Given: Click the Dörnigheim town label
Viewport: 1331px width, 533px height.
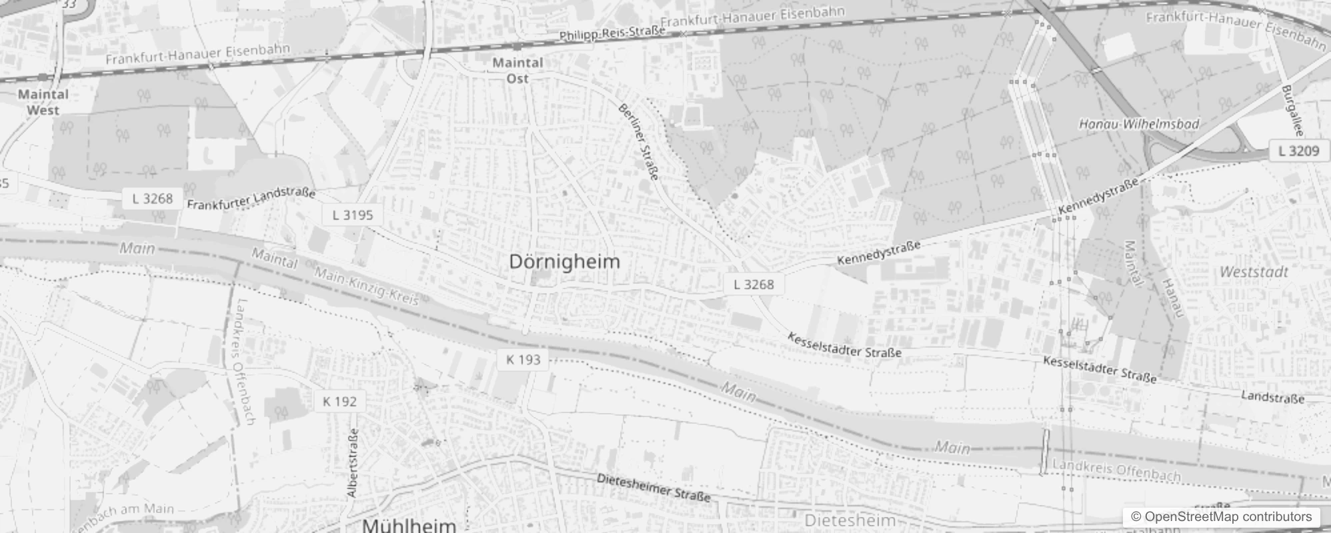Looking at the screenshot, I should pyautogui.click(x=564, y=261).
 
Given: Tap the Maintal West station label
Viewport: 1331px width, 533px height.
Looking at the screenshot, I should pyautogui.click(x=43, y=102).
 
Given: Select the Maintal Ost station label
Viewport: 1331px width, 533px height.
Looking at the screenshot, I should pyautogui.click(x=517, y=70).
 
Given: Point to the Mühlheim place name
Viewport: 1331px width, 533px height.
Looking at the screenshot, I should pyautogui.click(x=409, y=525).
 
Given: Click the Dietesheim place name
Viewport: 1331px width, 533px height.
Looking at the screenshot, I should pyautogui.click(x=850, y=520).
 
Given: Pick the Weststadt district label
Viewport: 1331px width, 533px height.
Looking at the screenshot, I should pyautogui.click(x=1254, y=272).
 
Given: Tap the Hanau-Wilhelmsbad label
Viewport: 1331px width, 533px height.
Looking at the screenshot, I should pyautogui.click(x=1139, y=124).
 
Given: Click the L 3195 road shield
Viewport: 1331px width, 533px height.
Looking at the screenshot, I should pyautogui.click(x=353, y=215).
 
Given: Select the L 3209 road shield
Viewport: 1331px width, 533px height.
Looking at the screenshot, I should pyautogui.click(x=1298, y=151).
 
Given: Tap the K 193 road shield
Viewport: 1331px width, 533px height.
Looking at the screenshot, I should pyautogui.click(x=523, y=360).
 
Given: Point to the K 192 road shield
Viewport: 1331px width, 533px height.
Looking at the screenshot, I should pyautogui.click(x=339, y=401).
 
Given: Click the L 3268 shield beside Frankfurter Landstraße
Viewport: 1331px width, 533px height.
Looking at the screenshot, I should pyautogui.click(x=152, y=199).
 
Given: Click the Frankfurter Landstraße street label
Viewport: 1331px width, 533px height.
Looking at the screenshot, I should pyautogui.click(x=251, y=199).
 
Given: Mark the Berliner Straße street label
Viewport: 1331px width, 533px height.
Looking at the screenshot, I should pyautogui.click(x=639, y=141).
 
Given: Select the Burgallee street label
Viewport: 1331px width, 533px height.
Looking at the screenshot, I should pyautogui.click(x=1292, y=111).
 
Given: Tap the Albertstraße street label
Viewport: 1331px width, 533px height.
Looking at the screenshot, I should pyautogui.click(x=353, y=463).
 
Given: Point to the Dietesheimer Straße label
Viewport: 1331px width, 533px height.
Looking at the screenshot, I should pyautogui.click(x=653, y=488).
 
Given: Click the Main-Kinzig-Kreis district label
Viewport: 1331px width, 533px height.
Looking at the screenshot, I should pyautogui.click(x=366, y=286).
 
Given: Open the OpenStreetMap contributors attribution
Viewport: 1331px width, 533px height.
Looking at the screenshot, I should pyautogui.click(x=1221, y=517).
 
